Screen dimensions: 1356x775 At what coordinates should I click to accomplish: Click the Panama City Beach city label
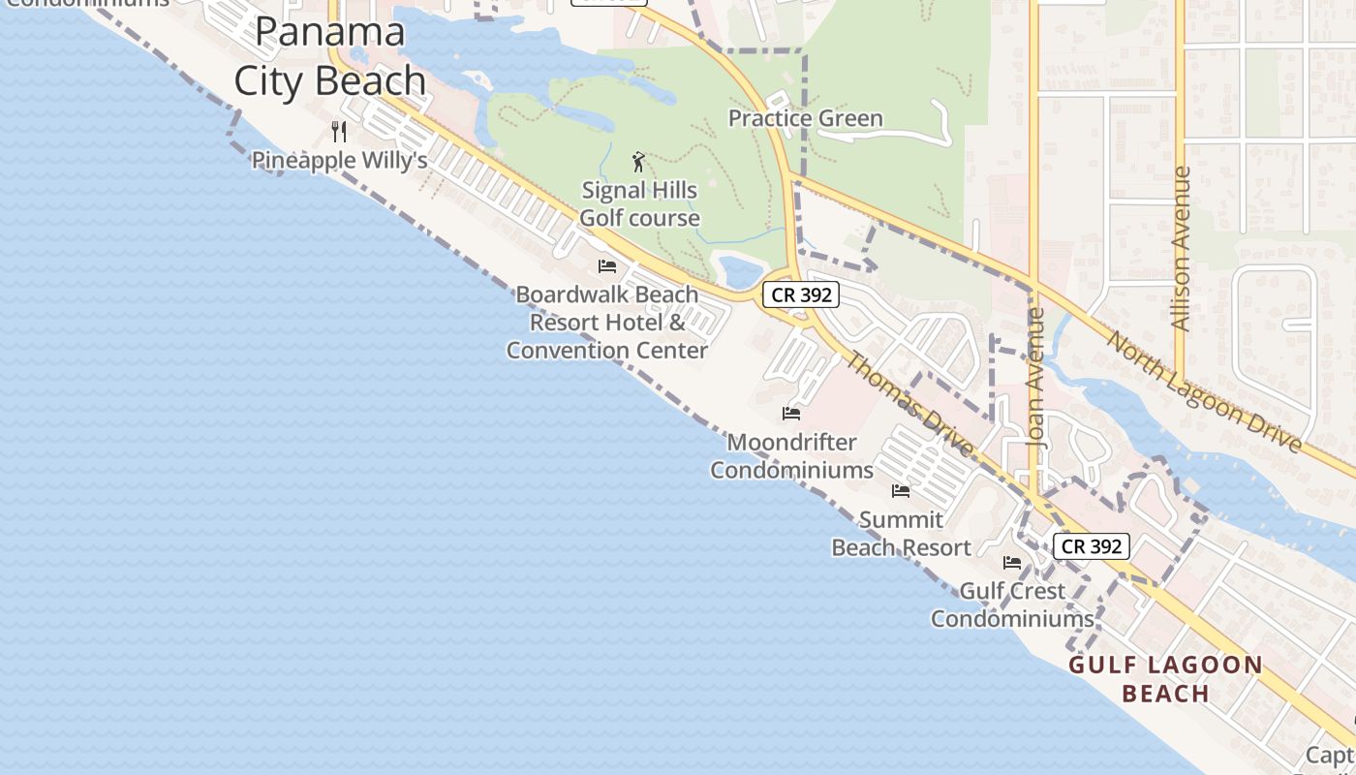(330, 56)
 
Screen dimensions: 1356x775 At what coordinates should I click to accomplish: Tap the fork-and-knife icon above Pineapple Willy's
(339, 131)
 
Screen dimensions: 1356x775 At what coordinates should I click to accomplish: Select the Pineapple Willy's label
(339, 160)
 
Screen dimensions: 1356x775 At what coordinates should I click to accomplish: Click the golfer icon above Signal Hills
(638, 161)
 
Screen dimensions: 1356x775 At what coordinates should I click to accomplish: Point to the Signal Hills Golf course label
(639, 204)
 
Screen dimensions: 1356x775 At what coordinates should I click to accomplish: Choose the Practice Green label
(805, 119)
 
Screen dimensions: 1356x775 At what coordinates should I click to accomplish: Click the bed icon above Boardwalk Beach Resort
(607, 265)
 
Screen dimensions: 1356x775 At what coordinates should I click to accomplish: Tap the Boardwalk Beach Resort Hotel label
(607, 322)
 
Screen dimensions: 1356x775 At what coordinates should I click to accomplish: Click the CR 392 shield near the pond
(801, 295)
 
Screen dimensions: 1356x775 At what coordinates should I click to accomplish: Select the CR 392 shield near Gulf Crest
(1092, 546)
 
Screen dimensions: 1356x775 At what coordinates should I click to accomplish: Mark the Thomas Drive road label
(909, 404)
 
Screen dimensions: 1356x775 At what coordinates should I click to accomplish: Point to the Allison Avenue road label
(1181, 249)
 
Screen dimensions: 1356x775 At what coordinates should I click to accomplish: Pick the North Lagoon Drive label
(1204, 391)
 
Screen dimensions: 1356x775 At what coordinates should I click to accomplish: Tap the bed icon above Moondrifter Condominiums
(791, 414)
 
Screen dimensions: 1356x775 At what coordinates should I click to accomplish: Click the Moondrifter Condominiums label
(792, 456)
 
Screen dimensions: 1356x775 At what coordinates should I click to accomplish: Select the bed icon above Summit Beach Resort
(901, 491)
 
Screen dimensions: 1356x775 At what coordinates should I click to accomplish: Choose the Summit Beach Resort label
(901, 534)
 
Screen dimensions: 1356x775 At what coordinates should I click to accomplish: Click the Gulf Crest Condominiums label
(1012, 604)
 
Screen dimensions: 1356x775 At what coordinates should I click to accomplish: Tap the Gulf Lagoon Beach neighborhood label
(1166, 679)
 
